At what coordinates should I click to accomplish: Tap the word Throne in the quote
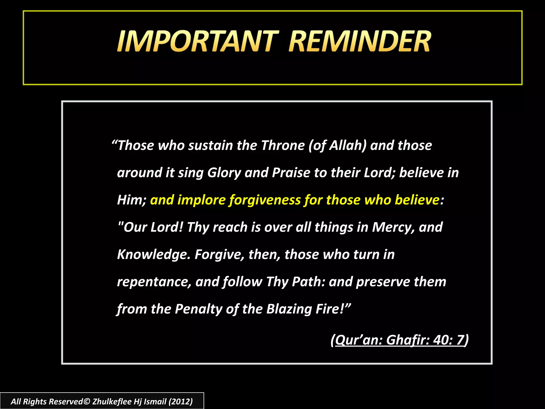(x=283, y=146)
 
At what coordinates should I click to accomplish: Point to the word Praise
(x=291, y=173)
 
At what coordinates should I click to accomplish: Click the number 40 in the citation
(x=442, y=340)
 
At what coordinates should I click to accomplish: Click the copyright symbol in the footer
(x=87, y=402)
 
